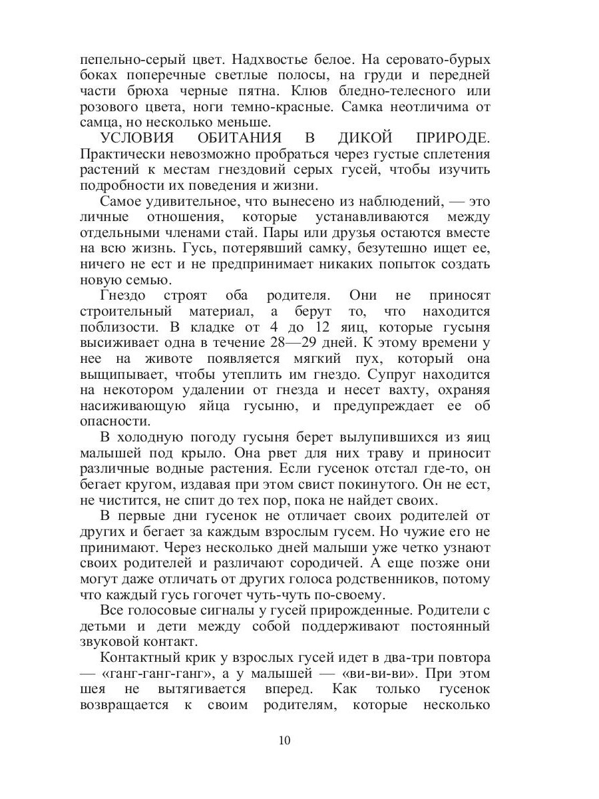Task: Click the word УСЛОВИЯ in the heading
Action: click(x=137, y=138)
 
